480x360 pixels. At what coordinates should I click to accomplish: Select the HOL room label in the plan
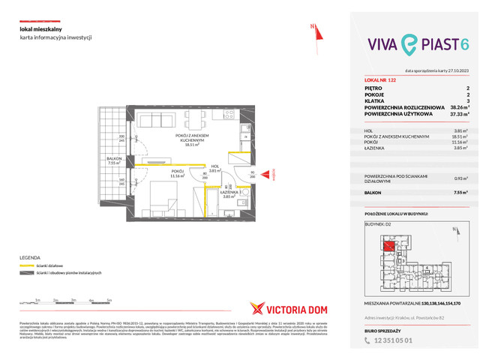215,167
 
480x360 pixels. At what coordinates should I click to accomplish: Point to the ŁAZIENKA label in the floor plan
229,193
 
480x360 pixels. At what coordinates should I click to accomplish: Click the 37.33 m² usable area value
457,114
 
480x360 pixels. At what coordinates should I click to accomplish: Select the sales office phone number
388,337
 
